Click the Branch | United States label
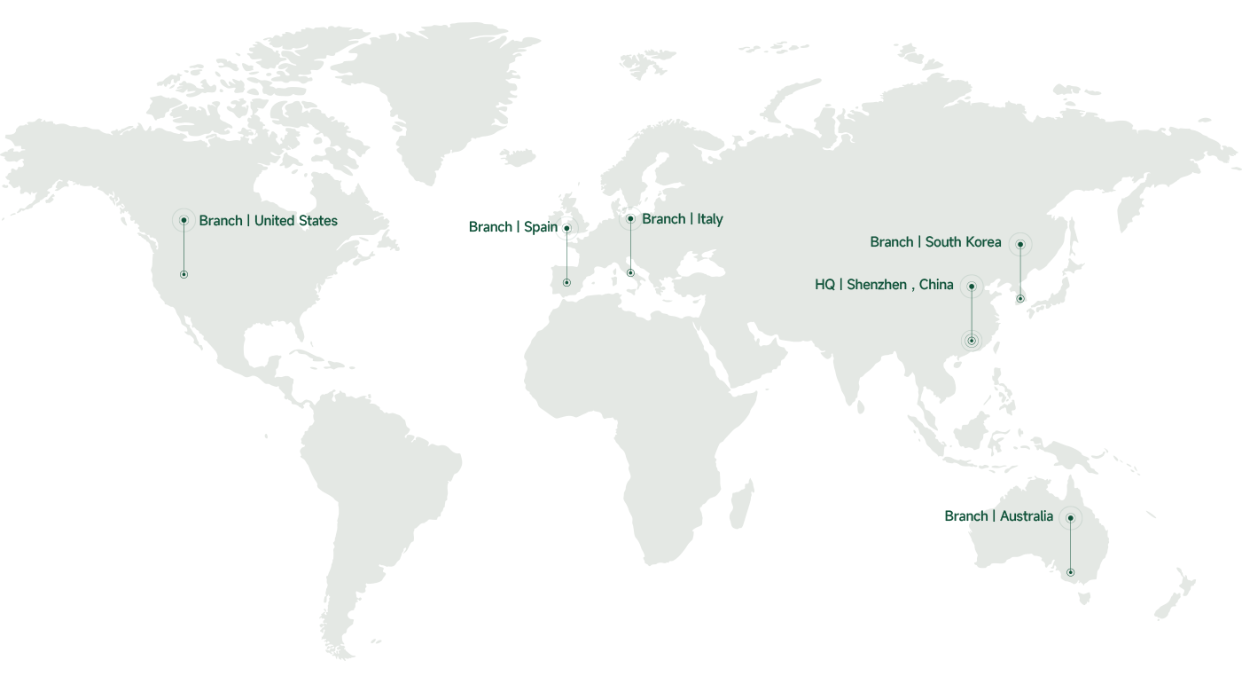268,221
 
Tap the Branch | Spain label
512,227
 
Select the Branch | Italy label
682,219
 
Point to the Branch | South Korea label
935,242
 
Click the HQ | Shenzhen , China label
884,285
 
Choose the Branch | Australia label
998,516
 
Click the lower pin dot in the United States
184,275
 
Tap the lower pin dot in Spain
566,283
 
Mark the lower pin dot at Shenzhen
972,341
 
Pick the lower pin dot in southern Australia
1071,572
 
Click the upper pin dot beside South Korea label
1020,244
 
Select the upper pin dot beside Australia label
1071,518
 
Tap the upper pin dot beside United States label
184,220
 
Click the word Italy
710,219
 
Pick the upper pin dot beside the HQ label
972,287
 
